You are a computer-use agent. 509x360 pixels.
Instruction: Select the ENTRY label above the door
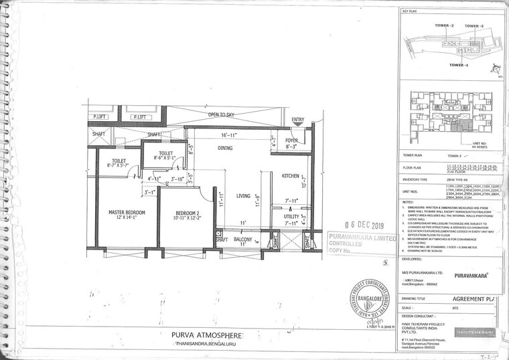(298, 120)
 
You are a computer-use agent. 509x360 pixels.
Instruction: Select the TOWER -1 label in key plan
(458, 65)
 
